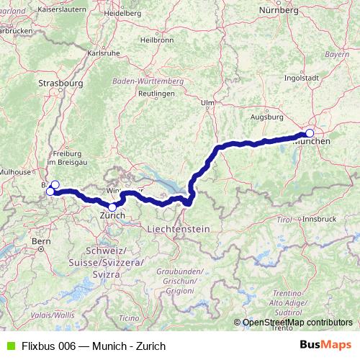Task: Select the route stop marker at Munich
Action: point(310,132)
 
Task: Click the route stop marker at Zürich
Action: point(112,207)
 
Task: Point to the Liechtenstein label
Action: point(178,228)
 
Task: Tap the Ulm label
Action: point(208,103)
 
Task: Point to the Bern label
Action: point(41,241)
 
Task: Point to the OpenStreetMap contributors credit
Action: point(297,323)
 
